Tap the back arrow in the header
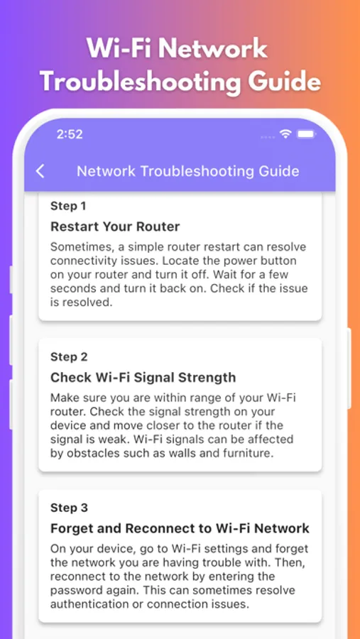coord(40,171)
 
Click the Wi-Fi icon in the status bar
coord(285,133)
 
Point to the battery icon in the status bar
coord(306,133)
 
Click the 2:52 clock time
coord(70,134)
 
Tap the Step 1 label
coord(68,206)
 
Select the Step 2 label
coord(69,357)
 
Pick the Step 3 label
coord(69,508)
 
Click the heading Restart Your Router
coord(115,226)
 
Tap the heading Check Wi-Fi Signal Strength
coord(143,378)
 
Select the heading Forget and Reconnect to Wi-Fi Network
coord(180,528)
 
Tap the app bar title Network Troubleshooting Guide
coord(188,171)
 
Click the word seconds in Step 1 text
coord(74,289)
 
